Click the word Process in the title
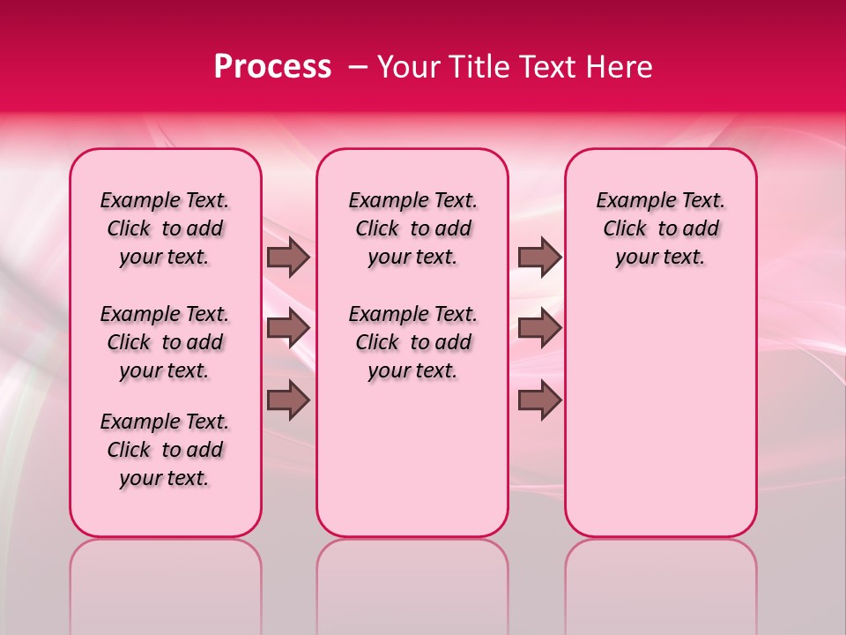point(272,67)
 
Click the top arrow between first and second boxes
point(288,258)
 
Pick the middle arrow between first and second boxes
point(288,328)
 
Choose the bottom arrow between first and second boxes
point(288,400)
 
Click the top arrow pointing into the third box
point(539,258)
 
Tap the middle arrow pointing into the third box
point(539,328)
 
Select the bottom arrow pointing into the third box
point(539,400)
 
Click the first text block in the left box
point(165,228)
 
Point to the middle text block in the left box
point(165,342)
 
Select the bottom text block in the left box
point(165,450)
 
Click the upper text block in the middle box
point(413,228)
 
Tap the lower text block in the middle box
point(413,342)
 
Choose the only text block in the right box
point(661,228)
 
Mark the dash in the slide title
point(358,67)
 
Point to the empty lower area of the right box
point(661,415)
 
